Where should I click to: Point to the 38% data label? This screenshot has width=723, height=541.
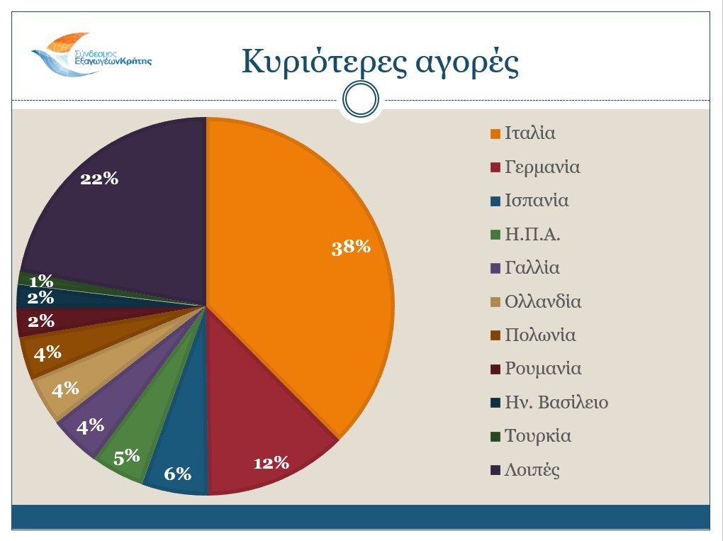pyautogui.click(x=351, y=247)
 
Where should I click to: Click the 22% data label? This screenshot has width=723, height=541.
pyautogui.click(x=99, y=179)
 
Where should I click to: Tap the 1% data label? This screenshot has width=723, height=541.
pyautogui.click(x=41, y=281)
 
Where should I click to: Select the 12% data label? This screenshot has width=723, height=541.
pyautogui.click(x=271, y=463)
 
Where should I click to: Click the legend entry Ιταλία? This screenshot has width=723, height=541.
pyautogui.click(x=529, y=133)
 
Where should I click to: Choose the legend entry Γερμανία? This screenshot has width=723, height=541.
pyautogui.click(x=542, y=167)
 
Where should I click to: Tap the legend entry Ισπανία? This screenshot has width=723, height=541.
pyautogui.click(x=537, y=201)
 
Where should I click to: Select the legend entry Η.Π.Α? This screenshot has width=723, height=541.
pyautogui.click(x=532, y=235)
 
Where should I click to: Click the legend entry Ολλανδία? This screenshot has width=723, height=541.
pyautogui.click(x=543, y=302)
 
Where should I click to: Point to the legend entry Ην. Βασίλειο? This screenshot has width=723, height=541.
pyautogui.click(x=556, y=403)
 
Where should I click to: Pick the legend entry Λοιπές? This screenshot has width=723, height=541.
pyautogui.click(x=532, y=470)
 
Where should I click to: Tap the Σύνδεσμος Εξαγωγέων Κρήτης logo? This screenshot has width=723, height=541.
pyautogui.click(x=91, y=55)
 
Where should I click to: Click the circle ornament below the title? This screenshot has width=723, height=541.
pyautogui.click(x=360, y=101)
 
